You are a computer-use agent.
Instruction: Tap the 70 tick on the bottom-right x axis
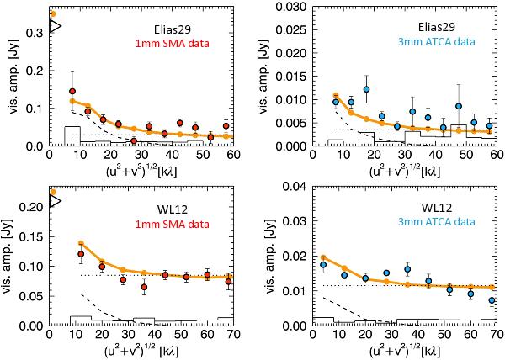493,334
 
